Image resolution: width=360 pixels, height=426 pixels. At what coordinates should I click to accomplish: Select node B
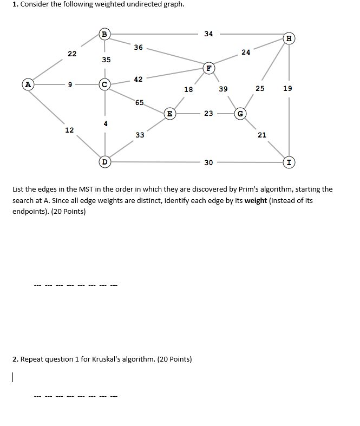click(104, 34)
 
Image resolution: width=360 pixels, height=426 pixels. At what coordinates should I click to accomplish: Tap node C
click(105, 84)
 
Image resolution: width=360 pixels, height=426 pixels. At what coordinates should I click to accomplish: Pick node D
click(105, 161)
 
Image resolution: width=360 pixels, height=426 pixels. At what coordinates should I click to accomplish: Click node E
click(169, 113)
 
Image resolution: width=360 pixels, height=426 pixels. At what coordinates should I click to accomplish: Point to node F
click(208, 68)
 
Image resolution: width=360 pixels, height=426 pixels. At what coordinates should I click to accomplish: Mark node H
click(290, 38)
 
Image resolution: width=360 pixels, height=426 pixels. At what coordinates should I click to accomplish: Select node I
click(290, 162)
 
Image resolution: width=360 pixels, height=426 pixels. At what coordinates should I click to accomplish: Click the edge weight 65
click(140, 102)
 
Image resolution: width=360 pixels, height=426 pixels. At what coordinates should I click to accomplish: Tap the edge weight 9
click(70, 84)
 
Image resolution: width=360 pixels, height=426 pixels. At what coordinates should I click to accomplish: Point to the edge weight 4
click(106, 123)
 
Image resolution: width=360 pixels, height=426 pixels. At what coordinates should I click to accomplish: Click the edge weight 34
click(208, 34)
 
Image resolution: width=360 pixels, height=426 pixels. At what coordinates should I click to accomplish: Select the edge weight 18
click(188, 89)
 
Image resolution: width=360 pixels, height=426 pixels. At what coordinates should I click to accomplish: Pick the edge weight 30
click(208, 162)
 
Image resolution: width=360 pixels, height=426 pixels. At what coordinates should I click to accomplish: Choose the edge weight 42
click(138, 79)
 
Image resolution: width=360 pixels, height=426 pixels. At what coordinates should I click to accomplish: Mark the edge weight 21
click(262, 135)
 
